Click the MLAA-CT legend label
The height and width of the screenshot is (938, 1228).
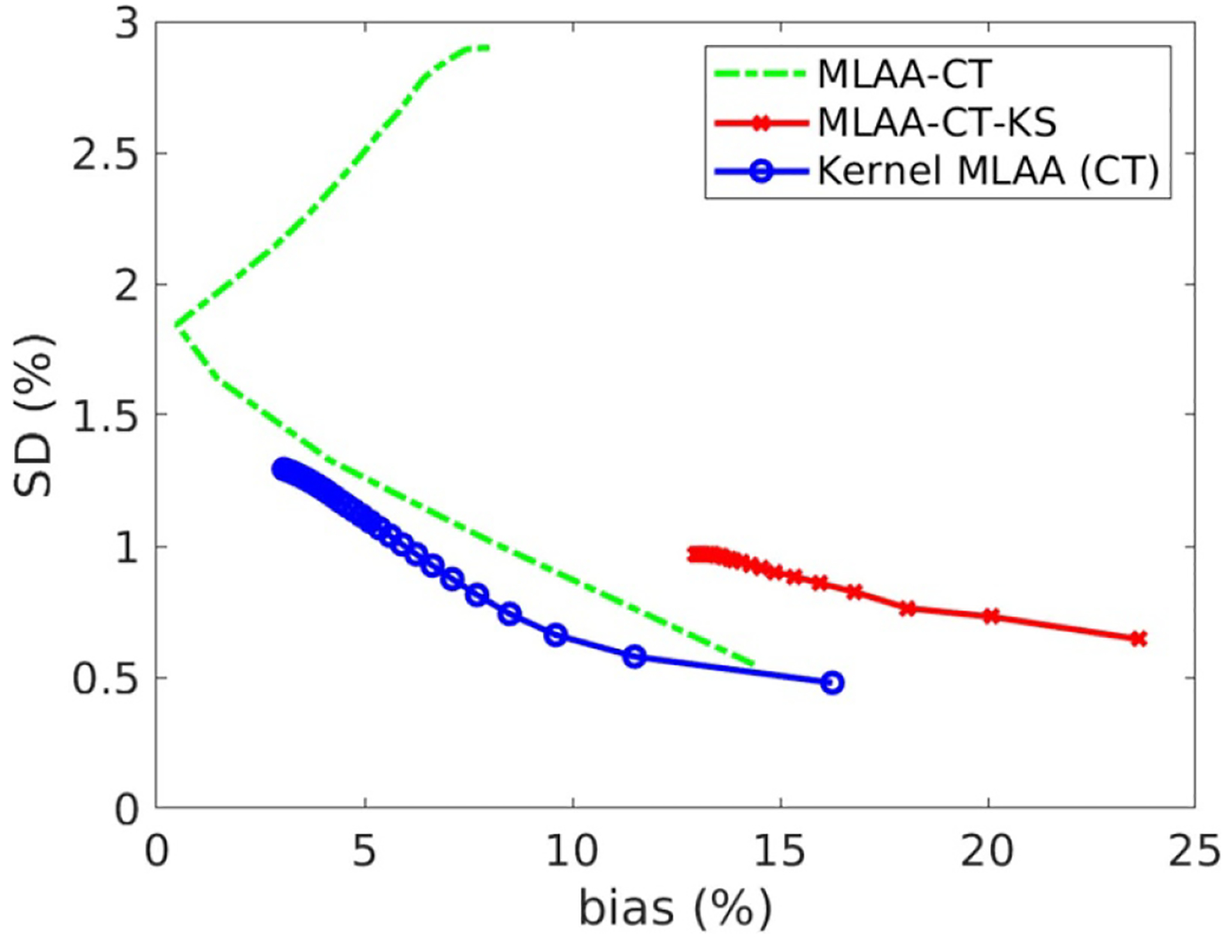click(904, 74)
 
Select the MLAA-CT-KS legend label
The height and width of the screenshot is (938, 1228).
click(936, 122)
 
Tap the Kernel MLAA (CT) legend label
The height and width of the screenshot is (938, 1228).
click(988, 171)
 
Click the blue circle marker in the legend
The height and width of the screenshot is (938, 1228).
click(762, 171)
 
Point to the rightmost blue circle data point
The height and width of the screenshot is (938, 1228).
click(831, 683)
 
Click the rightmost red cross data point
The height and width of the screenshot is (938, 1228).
click(1138, 639)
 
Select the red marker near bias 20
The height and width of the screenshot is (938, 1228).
click(991, 616)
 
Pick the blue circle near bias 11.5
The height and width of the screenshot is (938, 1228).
click(634, 656)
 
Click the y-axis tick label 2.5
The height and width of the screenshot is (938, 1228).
click(106, 154)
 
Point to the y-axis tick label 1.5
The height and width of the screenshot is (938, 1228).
click(106, 416)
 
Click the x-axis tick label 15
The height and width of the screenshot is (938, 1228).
click(780, 852)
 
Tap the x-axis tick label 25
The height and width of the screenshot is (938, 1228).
click(1194, 852)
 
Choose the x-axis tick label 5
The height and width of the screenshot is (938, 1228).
click(365, 852)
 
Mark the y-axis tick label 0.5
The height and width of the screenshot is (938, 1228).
click(106, 679)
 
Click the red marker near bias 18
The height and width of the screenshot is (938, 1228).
click(907, 608)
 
